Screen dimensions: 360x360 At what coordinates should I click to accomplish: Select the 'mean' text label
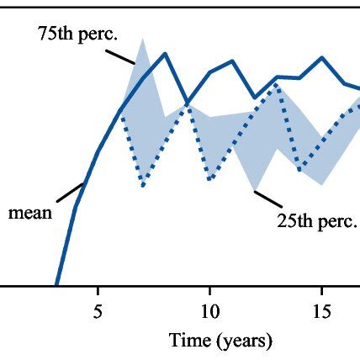coord(30,212)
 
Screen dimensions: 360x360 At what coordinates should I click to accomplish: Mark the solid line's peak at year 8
coord(165,54)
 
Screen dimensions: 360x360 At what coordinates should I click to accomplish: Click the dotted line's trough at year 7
coord(143,185)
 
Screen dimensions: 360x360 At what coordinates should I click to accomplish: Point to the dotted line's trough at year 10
coord(209,179)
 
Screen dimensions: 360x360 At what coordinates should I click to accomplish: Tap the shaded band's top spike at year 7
coord(143,39)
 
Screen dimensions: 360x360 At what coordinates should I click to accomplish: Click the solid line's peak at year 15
coord(321,58)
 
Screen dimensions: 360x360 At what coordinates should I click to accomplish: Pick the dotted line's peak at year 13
coord(277,85)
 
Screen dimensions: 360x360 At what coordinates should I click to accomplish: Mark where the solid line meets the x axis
coord(56,285)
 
